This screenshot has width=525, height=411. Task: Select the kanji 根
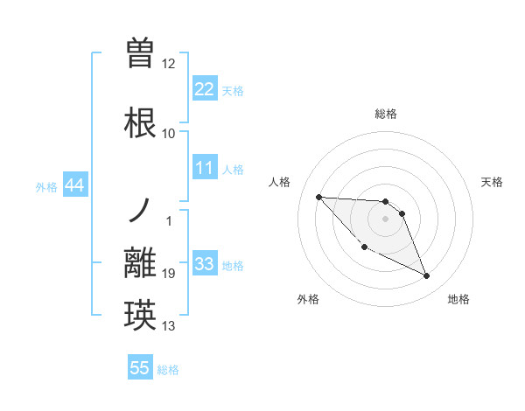point(140,122)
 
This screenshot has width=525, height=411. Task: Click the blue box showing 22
point(204,89)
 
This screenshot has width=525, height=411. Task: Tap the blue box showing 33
point(204,264)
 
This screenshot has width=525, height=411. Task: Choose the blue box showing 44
point(74,185)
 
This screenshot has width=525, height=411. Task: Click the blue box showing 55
point(140,368)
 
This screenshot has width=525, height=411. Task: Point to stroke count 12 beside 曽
point(168,64)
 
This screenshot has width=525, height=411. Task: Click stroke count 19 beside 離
point(168,274)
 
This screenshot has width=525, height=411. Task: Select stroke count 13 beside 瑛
point(168,326)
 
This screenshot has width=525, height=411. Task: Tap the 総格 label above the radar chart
point(386,114)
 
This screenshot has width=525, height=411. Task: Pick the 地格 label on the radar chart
point(458,299)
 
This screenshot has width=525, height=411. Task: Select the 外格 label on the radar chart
point(308,299)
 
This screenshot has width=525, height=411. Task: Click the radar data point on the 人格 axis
point(318,197)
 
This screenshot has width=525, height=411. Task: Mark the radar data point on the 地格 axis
point(427,276)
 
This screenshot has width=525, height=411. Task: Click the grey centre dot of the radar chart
point(386,219)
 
